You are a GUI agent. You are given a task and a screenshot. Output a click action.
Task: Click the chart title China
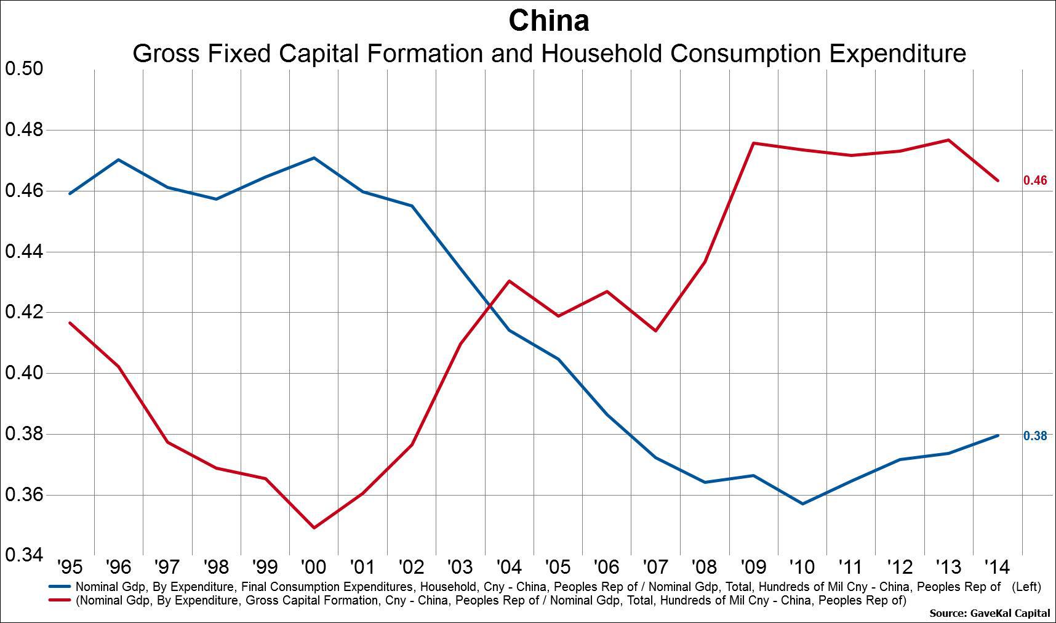tap(548, 21)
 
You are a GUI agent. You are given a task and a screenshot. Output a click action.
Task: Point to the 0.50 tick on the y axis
tap(24, 68)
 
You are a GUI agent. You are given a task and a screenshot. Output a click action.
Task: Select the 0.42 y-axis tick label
tap(24, 312)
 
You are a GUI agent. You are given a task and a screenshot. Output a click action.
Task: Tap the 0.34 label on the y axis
tap(24, 555)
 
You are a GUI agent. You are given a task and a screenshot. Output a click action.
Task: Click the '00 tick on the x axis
tap(313, 567)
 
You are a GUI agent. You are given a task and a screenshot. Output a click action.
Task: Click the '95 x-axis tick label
tap(70, 567)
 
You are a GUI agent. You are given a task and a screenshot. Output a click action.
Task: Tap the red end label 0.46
tap(1034, 181)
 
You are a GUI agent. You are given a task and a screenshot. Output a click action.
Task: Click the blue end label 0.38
tap(1034, 436)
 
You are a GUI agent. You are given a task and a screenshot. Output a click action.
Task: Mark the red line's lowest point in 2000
tap(314, 528)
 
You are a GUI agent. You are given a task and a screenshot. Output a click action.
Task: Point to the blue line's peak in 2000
tap(314, 158)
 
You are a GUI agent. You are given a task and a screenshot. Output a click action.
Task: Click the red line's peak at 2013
tap(949, 140)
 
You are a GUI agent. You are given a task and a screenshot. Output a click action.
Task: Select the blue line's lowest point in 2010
tap(802, 504)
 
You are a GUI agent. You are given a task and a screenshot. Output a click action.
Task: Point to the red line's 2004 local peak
tap(510, 281)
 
